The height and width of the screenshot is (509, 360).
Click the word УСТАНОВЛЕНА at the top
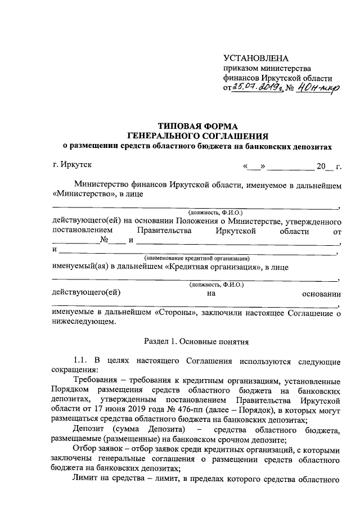click(255, 58)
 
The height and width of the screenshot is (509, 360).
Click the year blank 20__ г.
click(329, 166)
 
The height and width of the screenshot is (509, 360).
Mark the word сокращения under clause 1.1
click(74, 370)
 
